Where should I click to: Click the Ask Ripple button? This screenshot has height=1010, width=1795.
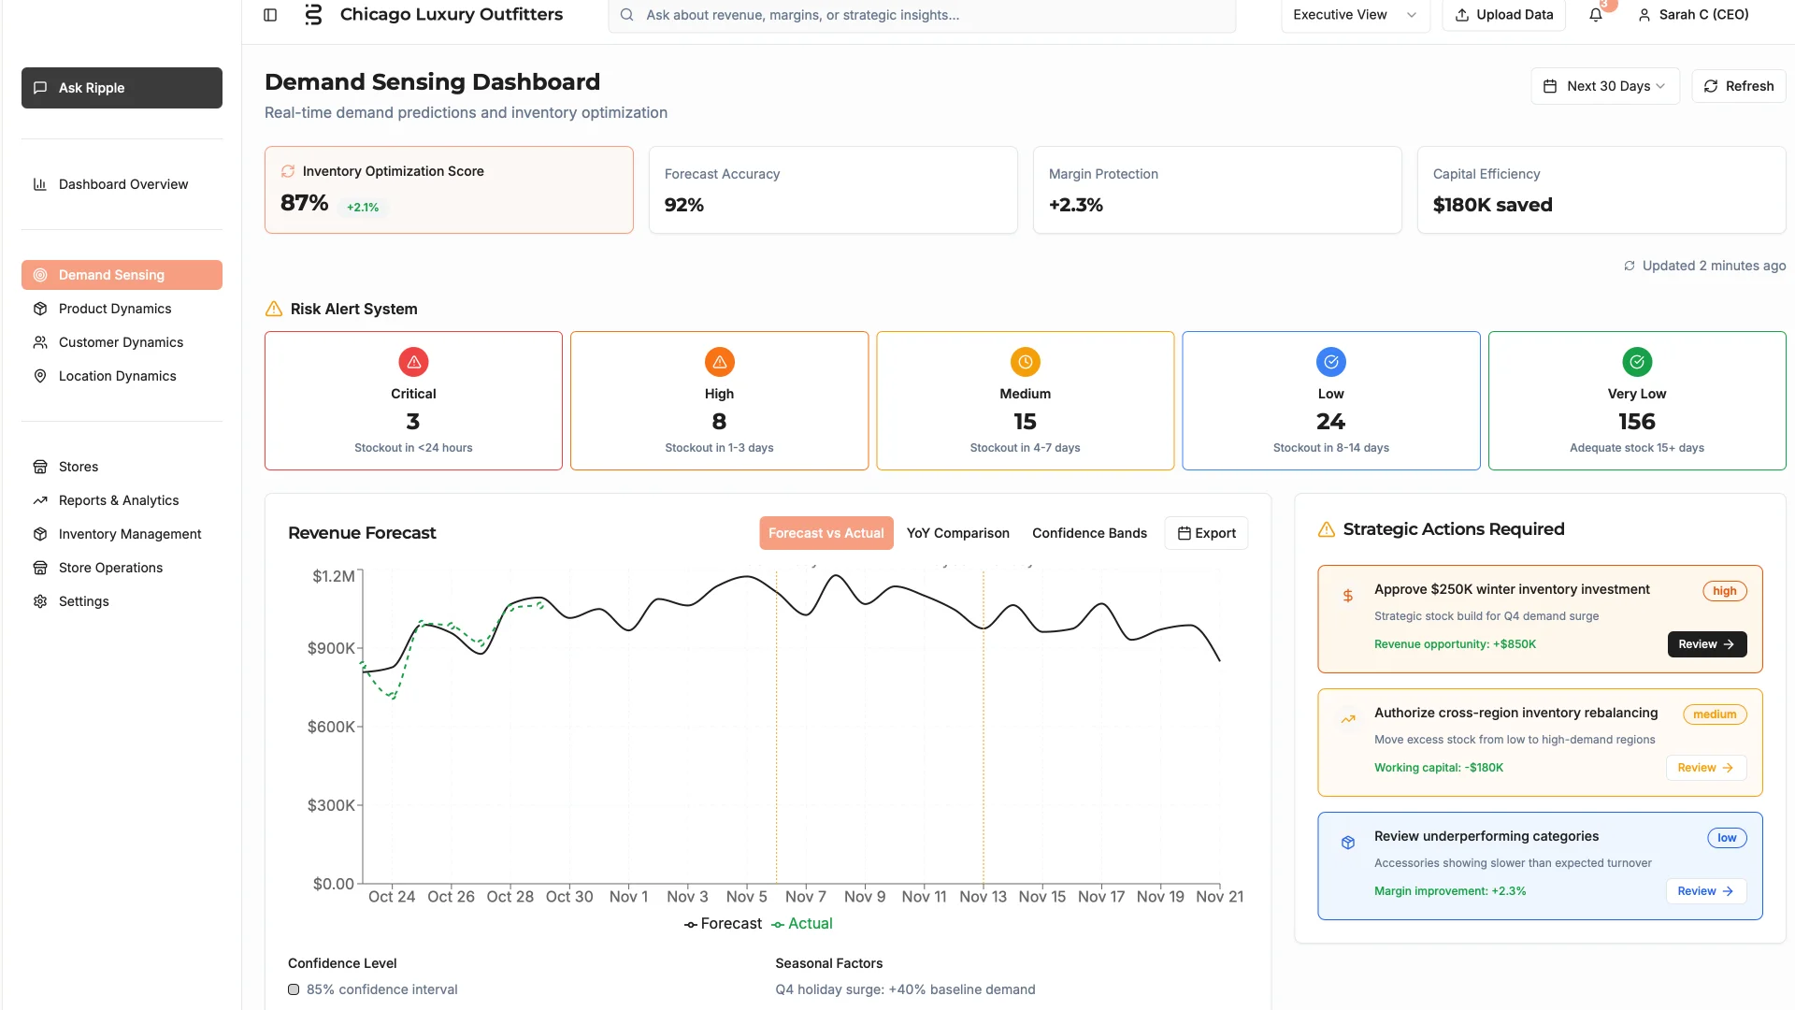pyautogui.click(x=122, y=88)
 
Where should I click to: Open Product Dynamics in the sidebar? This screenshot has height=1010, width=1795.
pyautogui.click(x=115, y=309)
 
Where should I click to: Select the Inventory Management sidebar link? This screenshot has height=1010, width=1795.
pyautogui.click(x=130, y=534)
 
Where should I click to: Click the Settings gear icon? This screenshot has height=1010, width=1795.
pyautogui.click(x=40, y=601)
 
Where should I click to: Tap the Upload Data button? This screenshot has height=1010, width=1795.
pyautogui.click(x=1503, y=15)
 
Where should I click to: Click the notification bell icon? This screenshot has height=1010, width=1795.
pyautogui.click(x=1596, y=15)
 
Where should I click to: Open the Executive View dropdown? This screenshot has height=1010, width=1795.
pyautogui.click(x=1355, y=15)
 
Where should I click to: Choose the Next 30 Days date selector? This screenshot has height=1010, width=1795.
pyautogui.click(x=1605, y=86)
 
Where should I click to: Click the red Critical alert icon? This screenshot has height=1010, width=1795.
pyautogui.click(x=413, y=362)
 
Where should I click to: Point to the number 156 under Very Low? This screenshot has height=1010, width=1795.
pyautogui.click(x=1637, y=422)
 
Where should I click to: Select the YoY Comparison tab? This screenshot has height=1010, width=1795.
pyautogui.click(x=957, y=533)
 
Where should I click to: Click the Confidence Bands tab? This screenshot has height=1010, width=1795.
pyautogui.click(x=1089, y=533)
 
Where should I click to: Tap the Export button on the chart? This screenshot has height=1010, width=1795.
pyautogui.click(x=1206, y=533)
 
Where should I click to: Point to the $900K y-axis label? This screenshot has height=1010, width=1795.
pyautogui.click(x=331, y=648)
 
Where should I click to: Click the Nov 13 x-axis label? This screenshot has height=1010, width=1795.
pyautogui.click(x=983, y=897)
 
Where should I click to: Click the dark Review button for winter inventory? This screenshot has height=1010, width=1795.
pyautogui.click(x=1706, y=644)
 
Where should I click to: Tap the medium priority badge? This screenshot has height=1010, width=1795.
pyautogui.click(x=1715, y=714)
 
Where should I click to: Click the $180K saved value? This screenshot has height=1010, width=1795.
pyautogui.click(x=1492, y=205)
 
